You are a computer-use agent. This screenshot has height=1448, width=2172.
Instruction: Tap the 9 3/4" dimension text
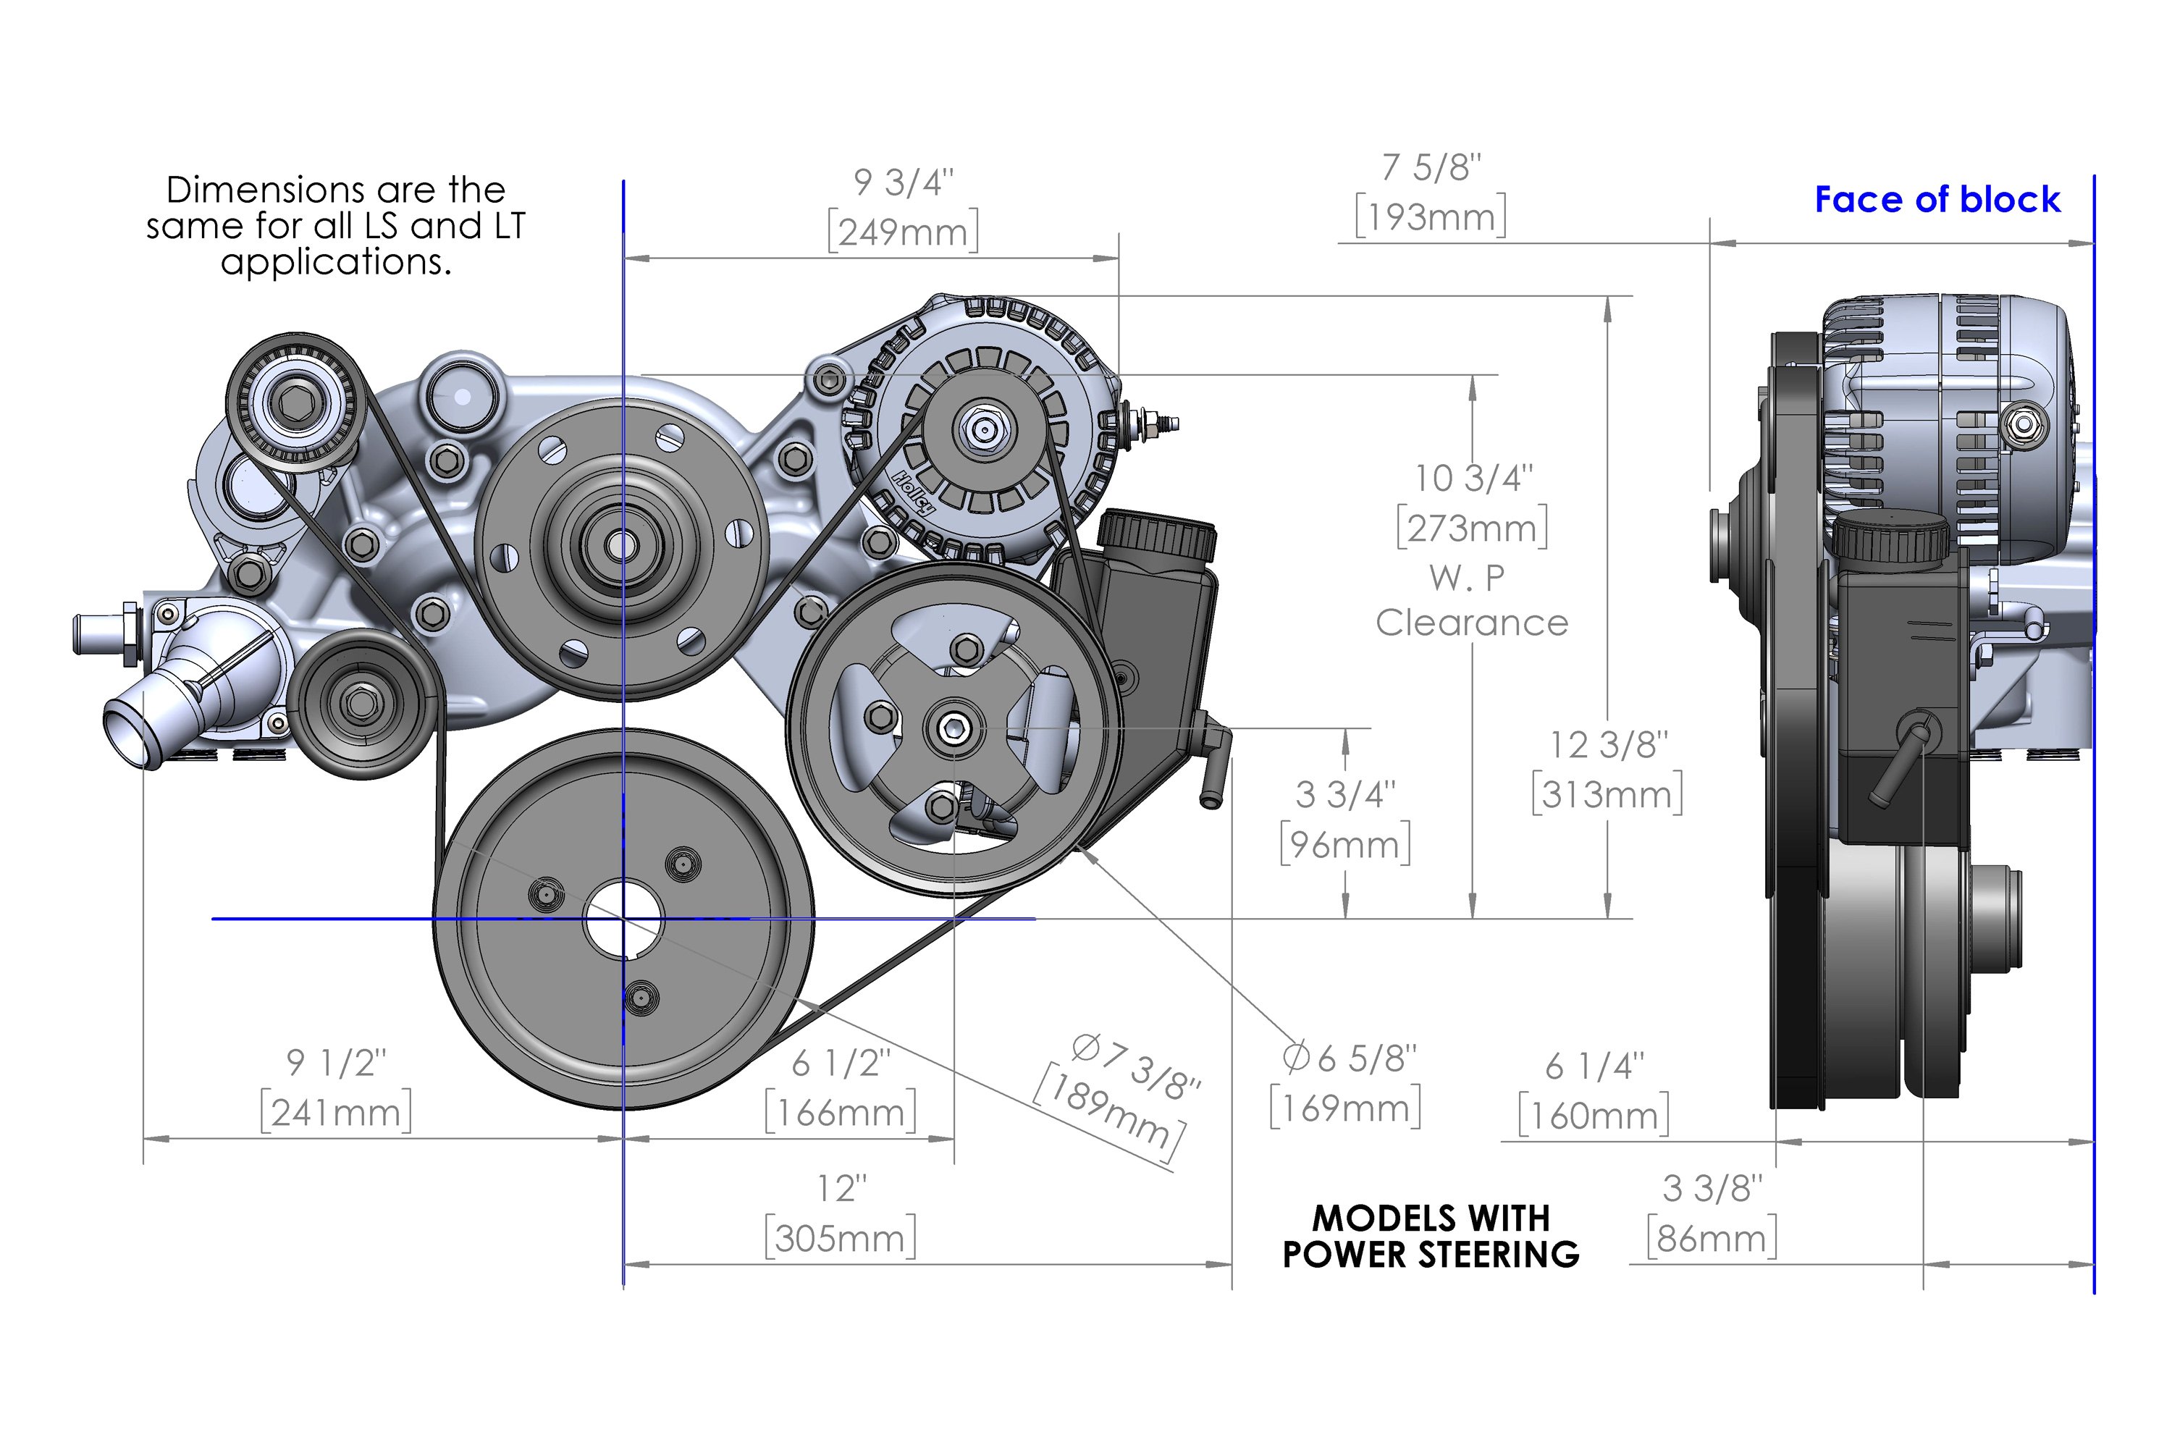coord(902,183)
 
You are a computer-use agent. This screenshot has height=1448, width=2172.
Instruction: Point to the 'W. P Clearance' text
coord(1471,600)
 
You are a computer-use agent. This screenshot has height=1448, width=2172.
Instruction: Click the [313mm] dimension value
coord(1606,794)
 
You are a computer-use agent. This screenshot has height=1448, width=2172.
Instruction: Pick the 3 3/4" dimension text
coord(1344,794)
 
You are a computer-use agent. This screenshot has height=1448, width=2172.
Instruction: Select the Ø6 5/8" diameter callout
coord(1348,1058)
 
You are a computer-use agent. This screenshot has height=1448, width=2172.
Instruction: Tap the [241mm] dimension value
coord(335,1113)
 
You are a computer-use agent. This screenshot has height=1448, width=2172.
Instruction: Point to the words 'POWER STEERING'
coord(1431,1255)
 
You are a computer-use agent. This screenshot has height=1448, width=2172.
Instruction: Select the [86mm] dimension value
coord(1712,1238)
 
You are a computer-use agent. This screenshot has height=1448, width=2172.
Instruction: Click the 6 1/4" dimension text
coord(1595,1066)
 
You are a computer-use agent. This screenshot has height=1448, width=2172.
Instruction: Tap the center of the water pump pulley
coord(621,546)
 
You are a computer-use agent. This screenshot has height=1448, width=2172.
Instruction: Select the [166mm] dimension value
coord(841,1113)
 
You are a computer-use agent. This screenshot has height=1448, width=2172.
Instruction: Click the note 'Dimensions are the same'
coord(336,225)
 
